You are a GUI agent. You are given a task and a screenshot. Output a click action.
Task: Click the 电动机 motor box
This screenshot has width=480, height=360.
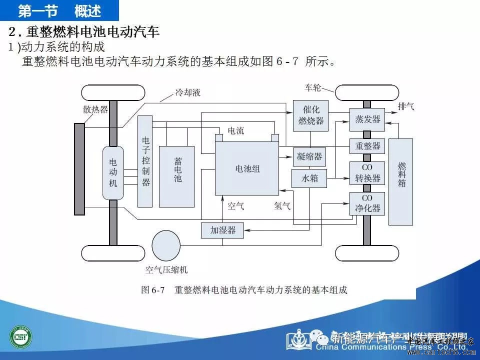(x=113, y=172)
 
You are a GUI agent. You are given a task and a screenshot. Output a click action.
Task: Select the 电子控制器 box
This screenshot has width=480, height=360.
(x=145, y=161)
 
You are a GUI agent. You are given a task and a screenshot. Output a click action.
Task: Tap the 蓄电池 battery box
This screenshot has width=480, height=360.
(x=177, y=176)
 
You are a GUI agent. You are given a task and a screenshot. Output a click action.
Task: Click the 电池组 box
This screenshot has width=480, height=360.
(x=247, y=168)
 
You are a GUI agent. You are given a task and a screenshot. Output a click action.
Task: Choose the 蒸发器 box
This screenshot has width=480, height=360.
(x=367, y=119)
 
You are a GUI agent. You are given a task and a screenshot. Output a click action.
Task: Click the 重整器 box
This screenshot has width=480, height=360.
(x=367, y=146)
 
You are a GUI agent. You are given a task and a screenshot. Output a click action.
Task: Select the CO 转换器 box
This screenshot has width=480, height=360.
(x=367, y=173)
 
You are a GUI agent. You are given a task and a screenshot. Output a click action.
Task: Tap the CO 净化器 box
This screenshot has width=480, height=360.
(x=367, y=203)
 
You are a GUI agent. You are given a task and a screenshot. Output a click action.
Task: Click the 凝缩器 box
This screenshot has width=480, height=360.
(x=309, y=156)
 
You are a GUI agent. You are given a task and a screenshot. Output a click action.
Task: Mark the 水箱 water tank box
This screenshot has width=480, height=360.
(x=309, y=178)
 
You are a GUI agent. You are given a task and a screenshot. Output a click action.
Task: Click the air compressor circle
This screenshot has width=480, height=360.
(x=166, y=245)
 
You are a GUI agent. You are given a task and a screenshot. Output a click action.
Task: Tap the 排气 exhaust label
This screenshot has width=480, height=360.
(x=405, y=106)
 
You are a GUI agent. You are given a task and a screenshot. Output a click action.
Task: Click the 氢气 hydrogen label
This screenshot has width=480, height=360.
(x=282, y=205)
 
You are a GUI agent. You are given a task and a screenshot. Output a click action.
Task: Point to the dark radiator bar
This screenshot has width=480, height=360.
(x=79, y=169)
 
